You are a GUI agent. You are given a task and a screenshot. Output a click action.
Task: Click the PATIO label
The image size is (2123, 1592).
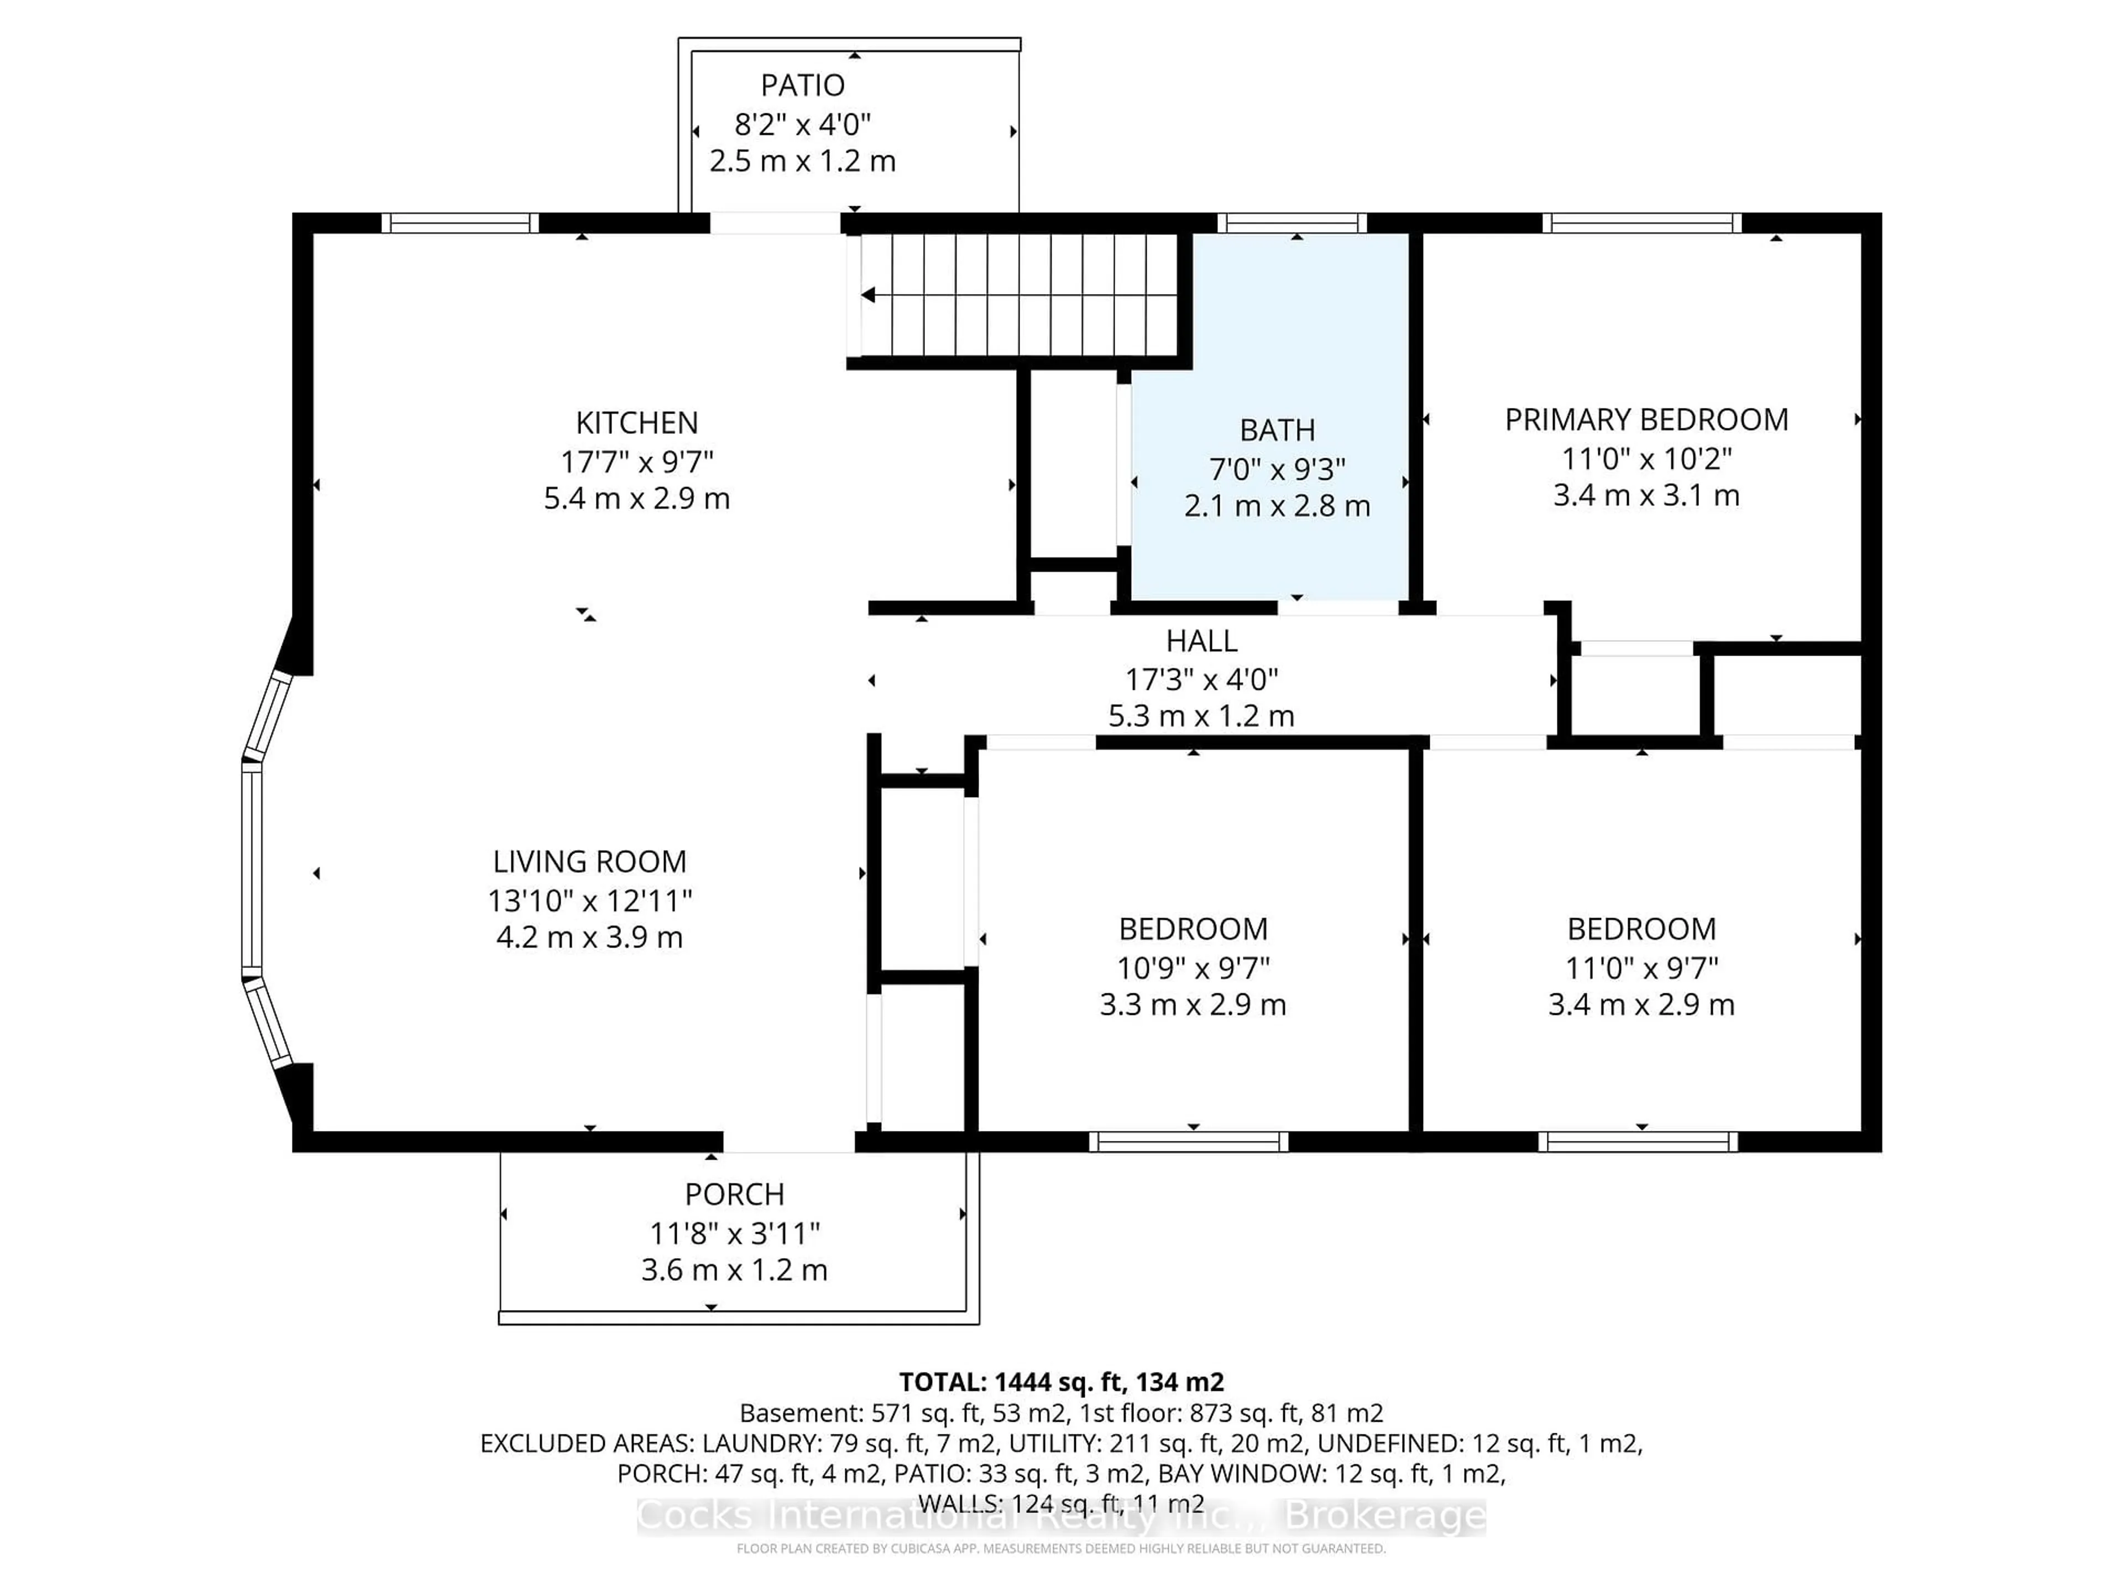pos(802,86)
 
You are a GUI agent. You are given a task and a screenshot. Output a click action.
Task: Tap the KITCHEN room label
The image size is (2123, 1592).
pos(636,423)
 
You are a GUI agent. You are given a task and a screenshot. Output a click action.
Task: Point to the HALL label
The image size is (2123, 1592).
pos(1201,641)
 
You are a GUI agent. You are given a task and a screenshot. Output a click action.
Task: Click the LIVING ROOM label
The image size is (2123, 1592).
pos(589,862)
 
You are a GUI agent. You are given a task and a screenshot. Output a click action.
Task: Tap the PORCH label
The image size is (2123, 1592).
pos(734,1195)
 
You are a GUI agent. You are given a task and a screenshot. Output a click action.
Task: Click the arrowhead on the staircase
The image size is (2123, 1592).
pos(869,296)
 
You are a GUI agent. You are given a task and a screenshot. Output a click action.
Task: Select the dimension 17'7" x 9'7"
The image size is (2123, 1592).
pos(636,462)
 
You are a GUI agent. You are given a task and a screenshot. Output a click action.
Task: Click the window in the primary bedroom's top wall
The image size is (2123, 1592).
pos(1641,223)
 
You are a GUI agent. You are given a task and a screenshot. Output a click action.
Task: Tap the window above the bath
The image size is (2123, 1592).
pos(1292,223)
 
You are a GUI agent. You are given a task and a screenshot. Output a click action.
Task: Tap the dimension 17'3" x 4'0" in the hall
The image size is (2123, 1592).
pos(1201,679)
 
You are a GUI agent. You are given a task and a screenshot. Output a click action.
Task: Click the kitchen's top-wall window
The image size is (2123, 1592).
pos(460,223)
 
